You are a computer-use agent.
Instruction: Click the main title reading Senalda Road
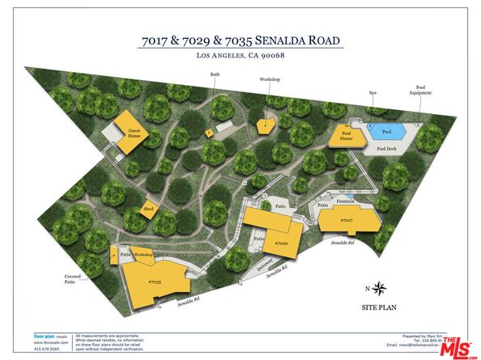[x=240, y=40]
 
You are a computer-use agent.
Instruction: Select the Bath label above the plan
[x=215, y=74]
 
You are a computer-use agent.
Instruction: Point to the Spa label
[x=373, y=93]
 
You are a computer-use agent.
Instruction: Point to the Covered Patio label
[x=76, y=280]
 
